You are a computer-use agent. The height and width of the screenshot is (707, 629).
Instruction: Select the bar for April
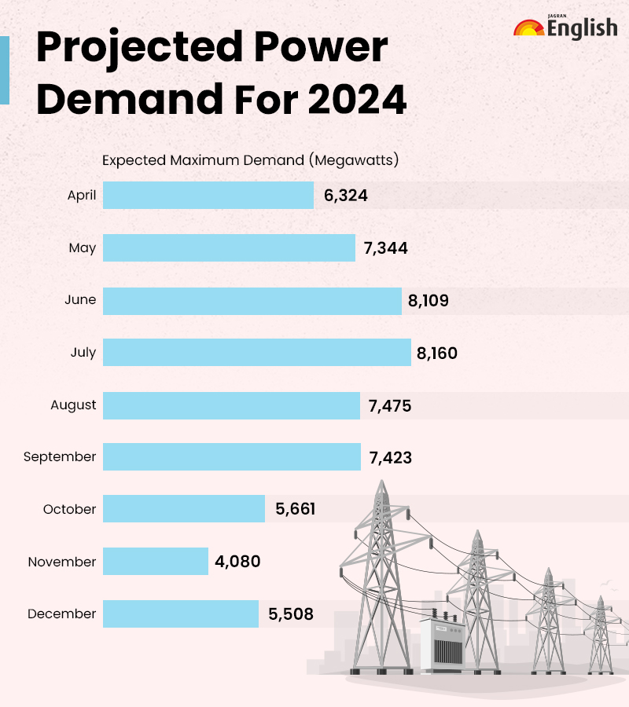208,196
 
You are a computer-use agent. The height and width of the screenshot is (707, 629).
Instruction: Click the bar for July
257,352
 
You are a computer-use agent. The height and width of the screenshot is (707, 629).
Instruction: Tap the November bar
156,562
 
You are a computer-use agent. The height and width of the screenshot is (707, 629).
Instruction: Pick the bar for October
184,509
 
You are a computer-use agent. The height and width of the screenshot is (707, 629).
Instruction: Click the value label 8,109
429,300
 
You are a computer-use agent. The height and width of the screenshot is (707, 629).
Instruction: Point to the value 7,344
385,248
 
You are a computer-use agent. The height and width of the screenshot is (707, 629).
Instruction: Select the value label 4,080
237,562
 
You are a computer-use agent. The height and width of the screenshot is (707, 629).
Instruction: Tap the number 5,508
291,614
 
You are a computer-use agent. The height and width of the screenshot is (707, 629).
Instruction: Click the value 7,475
390,405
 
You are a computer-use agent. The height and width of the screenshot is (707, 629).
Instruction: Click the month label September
60,456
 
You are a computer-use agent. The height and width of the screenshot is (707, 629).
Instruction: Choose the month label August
73,405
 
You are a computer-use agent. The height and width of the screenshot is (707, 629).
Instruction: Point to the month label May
83,248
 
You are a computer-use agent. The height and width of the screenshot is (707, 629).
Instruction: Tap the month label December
62,614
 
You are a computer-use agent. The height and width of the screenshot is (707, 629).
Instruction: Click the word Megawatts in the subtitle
354,160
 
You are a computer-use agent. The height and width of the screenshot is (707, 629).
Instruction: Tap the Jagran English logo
565,27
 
